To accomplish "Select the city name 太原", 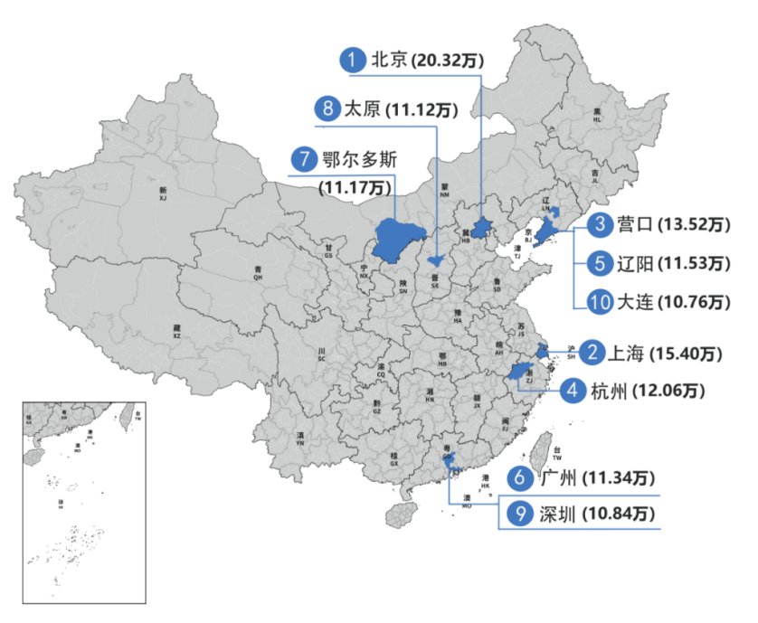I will coord(361,109).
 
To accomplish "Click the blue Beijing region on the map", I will coord(481,226).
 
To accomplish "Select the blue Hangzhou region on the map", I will coord(516,373).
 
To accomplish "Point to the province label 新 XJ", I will coord(163,193).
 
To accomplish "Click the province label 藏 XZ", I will coord(176,331).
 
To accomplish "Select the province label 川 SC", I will coord(321,354).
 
